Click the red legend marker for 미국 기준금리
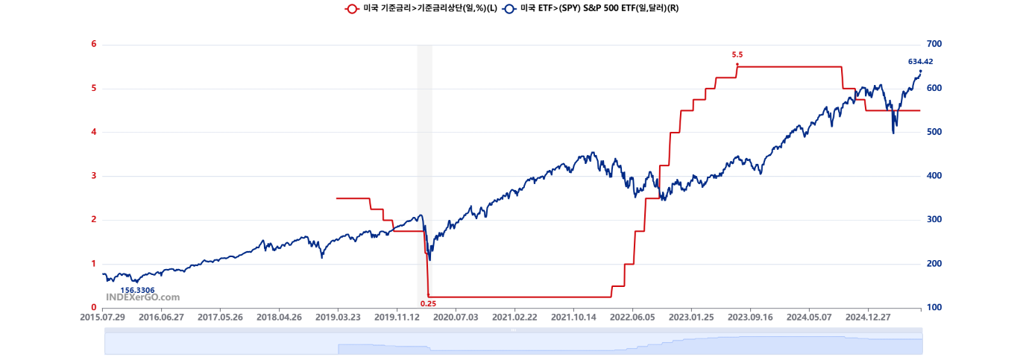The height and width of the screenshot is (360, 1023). [351, 8]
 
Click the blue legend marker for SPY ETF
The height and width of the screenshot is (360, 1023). [509, 8]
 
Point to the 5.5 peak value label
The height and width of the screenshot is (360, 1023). [737, 54]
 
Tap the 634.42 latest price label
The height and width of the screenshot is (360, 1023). [920, 62]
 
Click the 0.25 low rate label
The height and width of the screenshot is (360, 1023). [428, 303]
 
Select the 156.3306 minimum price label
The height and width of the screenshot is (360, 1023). [137, 290]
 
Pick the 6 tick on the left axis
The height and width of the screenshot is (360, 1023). [94, 44]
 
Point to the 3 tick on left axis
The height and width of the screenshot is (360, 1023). [94, 176]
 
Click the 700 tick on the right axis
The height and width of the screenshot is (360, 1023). [935, 44]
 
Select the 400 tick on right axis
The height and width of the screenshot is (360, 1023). [935, 176]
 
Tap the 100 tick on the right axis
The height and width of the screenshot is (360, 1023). [935, 308]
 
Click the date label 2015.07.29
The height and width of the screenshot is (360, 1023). [103, 317]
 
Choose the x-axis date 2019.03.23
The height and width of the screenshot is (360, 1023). [338, 317]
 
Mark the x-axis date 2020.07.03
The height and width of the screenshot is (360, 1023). [456, 317]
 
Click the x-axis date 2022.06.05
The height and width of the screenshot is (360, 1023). [632, 317]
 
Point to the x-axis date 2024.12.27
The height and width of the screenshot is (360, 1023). [868, 317]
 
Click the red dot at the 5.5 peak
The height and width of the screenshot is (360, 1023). [737, 64]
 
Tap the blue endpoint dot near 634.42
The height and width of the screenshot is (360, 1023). [920, 71]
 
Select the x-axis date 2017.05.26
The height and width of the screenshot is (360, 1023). [220, 317]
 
